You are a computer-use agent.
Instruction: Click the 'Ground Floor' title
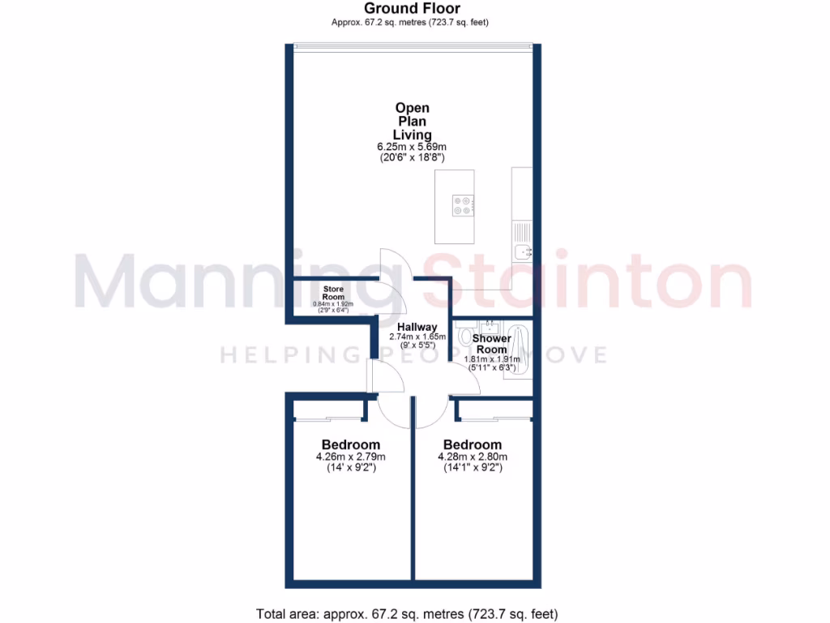point(414,8)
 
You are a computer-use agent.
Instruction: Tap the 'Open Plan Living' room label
point(413,121)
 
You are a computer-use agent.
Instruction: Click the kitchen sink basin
point(522,251)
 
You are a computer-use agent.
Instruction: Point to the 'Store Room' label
point(334,292)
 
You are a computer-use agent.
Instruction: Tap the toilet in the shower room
point(464,334)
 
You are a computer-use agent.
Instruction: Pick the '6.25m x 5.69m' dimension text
point(413,147)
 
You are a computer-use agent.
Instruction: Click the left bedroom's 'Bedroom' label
point(350,445)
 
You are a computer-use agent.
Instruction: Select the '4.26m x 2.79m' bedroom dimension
point(350,457)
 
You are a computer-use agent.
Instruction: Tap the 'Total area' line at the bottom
point(407,613)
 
